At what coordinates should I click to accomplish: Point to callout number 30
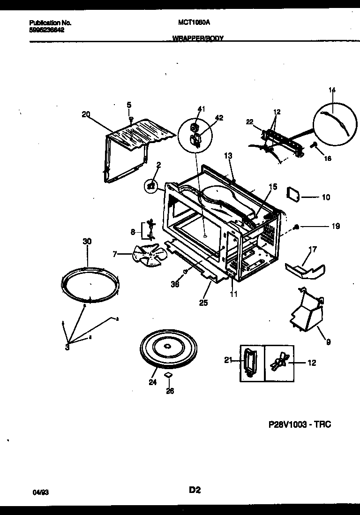point(87,241)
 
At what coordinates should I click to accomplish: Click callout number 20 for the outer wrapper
point(85,114)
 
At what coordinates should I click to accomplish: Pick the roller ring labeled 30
point(90,285)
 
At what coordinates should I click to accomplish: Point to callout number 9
point(328,342)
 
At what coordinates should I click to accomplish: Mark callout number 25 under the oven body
point(203,303)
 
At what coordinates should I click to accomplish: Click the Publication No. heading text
point(50,22)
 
